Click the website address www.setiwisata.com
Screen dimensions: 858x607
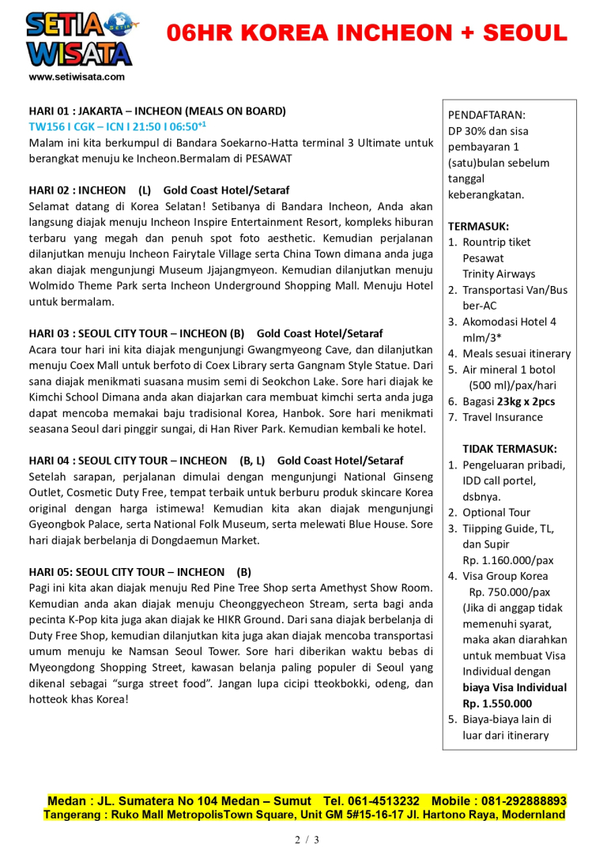coord(77,77)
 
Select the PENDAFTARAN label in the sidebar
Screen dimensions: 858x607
coord(486,115)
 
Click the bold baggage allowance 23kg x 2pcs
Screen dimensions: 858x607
coord(526,401)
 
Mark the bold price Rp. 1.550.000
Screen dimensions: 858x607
coord(497,703)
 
